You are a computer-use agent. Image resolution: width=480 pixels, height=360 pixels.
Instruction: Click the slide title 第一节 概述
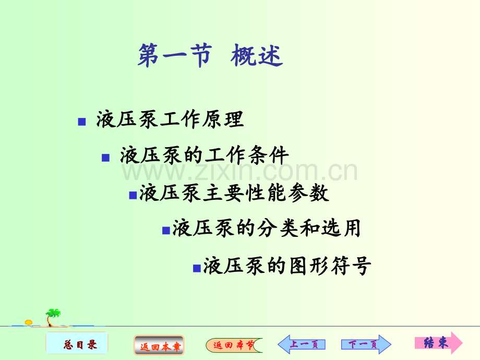tap(210, 56)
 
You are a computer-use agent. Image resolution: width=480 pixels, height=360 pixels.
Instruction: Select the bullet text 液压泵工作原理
tap(170, 120)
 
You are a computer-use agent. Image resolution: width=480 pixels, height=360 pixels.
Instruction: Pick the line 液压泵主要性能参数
tap(234, 193)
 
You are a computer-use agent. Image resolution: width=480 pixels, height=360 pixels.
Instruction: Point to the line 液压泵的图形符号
tap(287, 266)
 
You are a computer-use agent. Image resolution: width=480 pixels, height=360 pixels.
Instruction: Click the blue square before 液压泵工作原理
tap(81, 122)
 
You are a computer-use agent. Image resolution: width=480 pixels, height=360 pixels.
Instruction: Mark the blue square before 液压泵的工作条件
tap(105, 158)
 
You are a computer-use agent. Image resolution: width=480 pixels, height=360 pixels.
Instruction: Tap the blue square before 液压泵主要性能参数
tap(133, 195)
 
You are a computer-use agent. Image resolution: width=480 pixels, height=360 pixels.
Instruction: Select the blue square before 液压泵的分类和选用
tap(166, 230)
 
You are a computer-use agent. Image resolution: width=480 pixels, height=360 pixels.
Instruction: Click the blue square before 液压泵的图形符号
tap(197, 268)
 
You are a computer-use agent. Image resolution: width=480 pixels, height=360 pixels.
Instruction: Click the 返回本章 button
tap(159, 345)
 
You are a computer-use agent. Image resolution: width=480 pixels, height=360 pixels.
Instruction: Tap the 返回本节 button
tap(234, 345)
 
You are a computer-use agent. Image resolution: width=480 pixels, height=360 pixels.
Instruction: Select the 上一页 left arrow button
tap(302, 344)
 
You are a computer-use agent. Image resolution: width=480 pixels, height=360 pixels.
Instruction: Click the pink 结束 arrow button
tap(438, 343)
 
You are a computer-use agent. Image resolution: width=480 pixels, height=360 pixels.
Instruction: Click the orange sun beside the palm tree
tap(29, 322)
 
